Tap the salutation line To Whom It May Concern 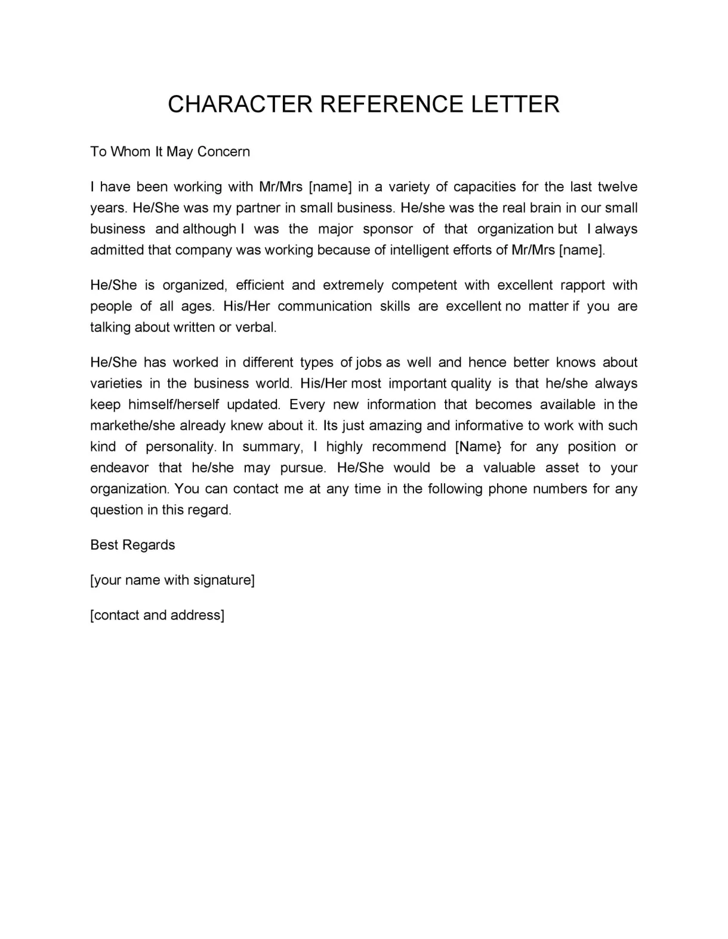click(x=170, y=152)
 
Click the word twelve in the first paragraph click(x=618, y=187)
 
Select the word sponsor click(x=388, y=229)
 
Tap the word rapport click(x=583, y=285)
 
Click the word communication click(x=325, y=306)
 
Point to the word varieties click(x=116, y=383)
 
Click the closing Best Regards click(x=132, y=545)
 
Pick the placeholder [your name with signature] click(x=172, y=580)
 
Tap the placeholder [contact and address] click(x=157, y=615)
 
